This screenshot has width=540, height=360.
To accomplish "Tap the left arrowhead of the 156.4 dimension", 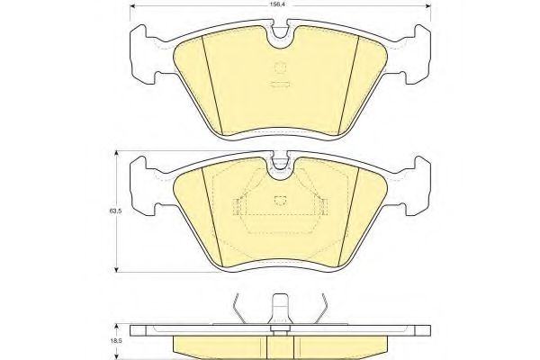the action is (132, 6).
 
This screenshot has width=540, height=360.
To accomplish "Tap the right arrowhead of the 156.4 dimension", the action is (428, 6).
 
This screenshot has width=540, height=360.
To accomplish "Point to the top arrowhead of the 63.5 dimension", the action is (117, 154).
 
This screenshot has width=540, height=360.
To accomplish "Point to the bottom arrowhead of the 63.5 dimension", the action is (117, 270).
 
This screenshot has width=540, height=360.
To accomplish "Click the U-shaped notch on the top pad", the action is (280, 36).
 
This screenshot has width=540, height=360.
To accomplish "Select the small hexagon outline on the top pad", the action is (280, 67).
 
